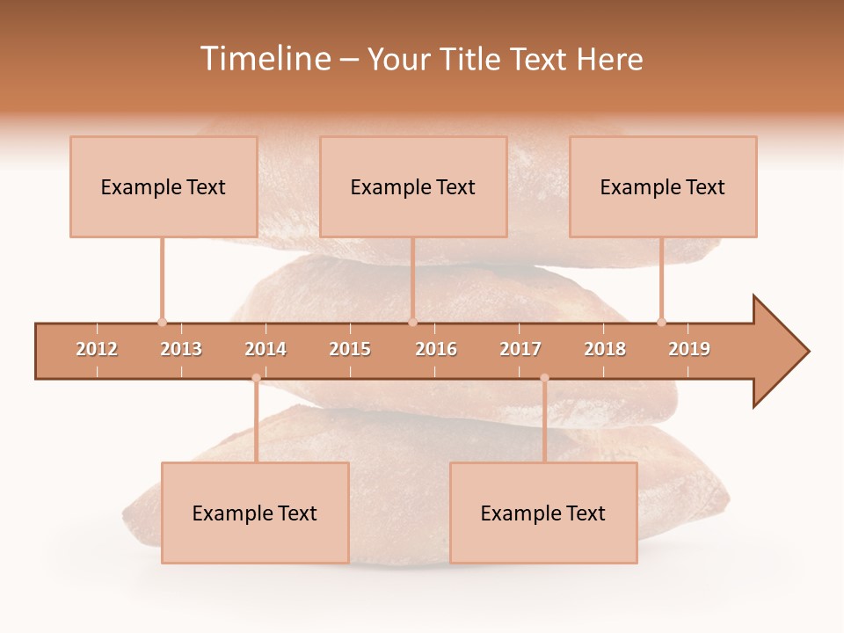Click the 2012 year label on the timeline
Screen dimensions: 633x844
point(97,349)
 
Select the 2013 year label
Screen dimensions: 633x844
point(181,349)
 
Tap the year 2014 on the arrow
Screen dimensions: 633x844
point(266,349)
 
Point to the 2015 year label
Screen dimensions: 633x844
point(350,349)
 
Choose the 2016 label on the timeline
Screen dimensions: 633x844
point(436,349)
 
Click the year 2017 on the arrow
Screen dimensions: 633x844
point(520,349)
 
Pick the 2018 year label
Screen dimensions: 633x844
point(605,349)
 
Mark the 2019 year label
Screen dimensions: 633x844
point(689,349)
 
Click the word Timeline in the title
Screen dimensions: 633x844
point(264,59)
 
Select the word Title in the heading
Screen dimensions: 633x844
point(471,59)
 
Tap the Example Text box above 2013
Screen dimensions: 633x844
point(164,186)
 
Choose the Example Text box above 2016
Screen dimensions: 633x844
point(413,186)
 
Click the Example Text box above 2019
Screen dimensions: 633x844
point(663,186)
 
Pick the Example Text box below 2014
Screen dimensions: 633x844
point(255,513)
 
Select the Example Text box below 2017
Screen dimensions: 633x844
point(543,513)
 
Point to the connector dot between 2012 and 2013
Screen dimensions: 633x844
point(162,322)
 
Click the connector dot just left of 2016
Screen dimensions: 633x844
point(412,322)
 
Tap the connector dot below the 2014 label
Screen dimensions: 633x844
point(256,378)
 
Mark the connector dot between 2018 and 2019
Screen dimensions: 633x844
point(661,322)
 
